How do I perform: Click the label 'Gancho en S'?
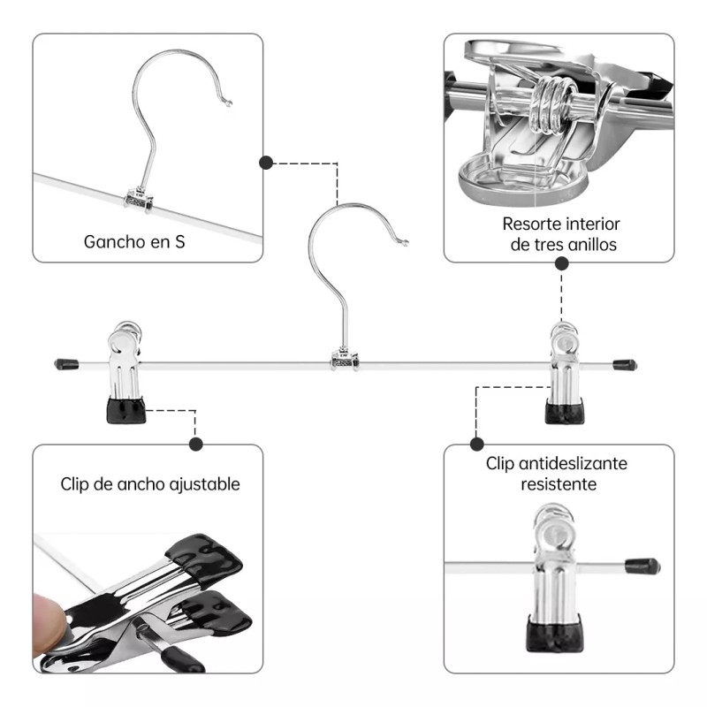coord(134,240)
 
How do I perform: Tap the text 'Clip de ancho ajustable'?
coord(150,484)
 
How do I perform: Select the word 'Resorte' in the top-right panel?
coord(530,224)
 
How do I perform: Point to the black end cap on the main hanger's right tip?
coord(625,364)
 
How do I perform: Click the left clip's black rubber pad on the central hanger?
coord(126,410)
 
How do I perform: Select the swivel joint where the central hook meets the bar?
coord(345,359)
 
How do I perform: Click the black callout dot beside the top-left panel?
coord(265,163)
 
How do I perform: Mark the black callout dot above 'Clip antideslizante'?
coord(477,444)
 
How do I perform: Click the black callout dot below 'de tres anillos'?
coord(562,262)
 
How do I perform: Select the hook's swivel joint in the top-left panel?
coord(139,199)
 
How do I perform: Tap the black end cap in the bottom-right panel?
coord(642,566)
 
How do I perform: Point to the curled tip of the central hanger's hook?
coord(404,241)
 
